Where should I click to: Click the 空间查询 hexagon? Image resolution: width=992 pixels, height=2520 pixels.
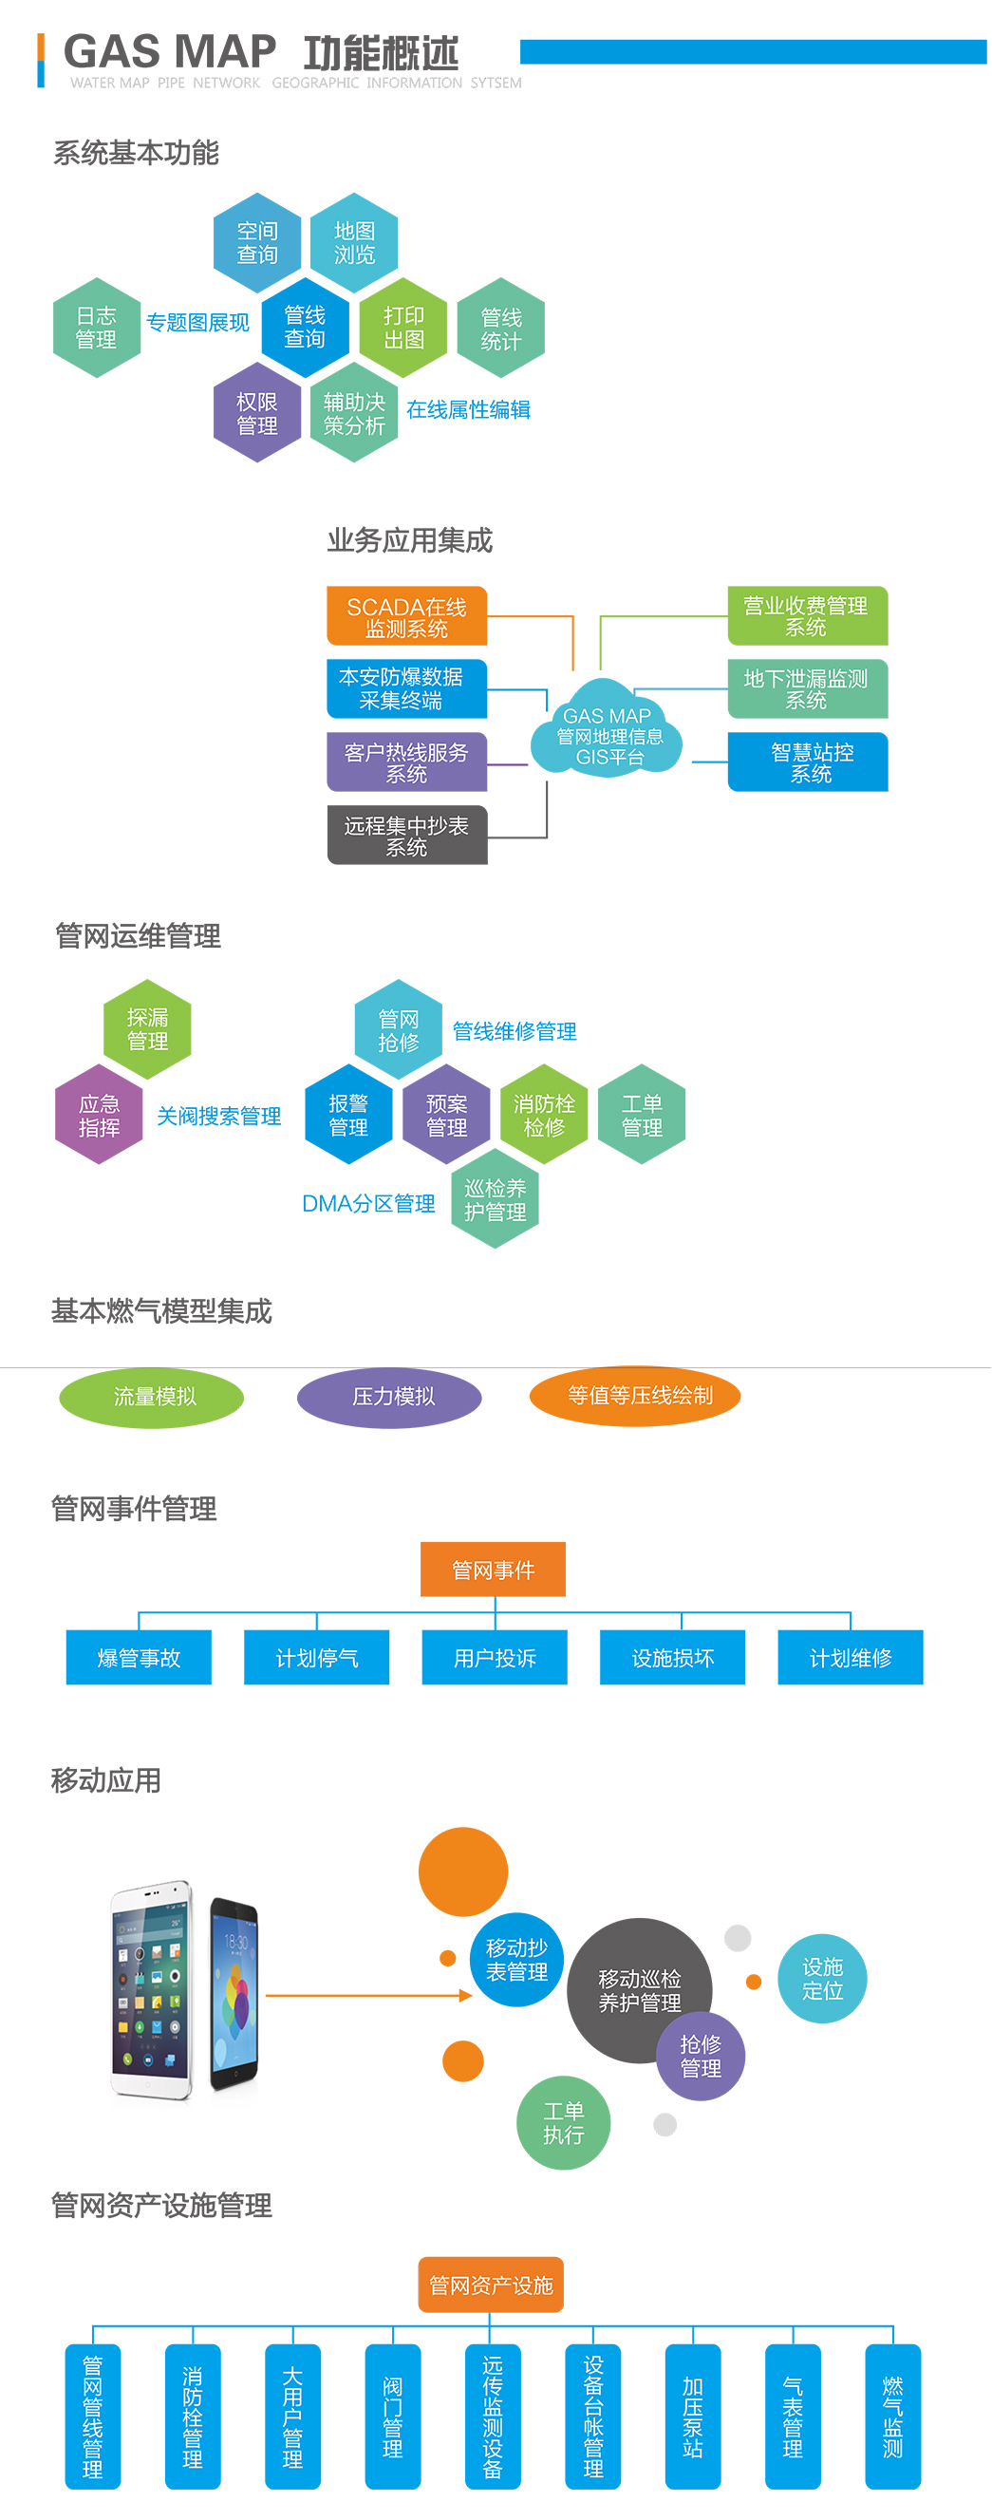257,243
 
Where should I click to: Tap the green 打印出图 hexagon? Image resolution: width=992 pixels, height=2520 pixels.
403,328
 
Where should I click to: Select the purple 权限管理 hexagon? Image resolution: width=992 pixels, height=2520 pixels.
257,413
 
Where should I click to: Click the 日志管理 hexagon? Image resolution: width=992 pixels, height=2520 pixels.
96,328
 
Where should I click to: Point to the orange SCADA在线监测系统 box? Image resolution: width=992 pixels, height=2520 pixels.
407,616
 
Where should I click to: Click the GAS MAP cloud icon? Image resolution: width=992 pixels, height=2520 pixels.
608,734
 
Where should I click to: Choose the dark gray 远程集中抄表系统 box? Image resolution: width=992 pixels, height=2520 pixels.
407,836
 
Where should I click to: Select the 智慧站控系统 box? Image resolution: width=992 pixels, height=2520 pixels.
808,762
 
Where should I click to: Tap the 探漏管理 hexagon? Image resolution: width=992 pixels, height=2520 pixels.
148,1029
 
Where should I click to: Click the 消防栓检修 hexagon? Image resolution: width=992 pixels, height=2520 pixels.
544,1114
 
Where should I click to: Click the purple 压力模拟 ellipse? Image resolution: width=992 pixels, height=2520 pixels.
389,1396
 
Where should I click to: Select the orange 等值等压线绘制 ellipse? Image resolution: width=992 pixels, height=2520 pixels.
635,1395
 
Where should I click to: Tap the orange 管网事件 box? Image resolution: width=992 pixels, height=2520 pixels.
493,1570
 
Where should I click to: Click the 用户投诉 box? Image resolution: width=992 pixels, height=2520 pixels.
494,1657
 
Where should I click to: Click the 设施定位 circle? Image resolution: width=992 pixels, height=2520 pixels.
822,1978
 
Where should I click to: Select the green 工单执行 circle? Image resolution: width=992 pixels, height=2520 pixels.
563,2122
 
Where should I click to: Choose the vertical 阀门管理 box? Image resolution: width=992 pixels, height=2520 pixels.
392,2416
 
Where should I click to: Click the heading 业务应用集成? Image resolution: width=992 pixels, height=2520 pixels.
410,540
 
